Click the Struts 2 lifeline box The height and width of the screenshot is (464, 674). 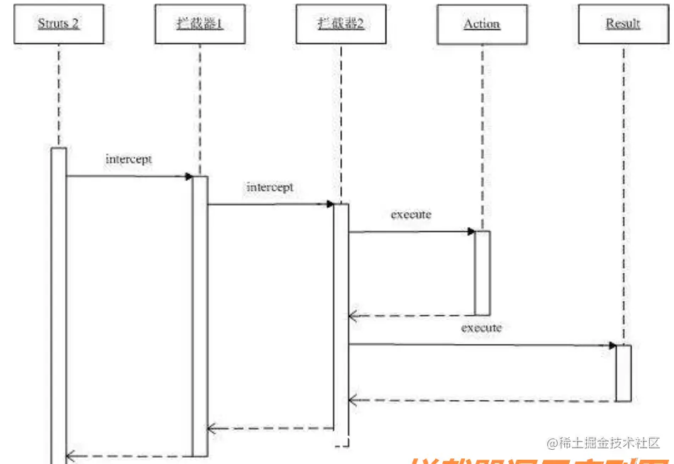tap(58, 24)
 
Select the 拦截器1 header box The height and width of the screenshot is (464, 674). tap(200, 24)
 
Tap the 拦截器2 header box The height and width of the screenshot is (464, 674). tap(341, 24)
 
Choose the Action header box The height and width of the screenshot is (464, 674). tap(482, 24)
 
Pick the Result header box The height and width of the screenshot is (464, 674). tap(623, 24)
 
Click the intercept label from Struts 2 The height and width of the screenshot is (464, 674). tap(128, 159)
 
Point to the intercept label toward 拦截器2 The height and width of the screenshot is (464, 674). tap(269, 188)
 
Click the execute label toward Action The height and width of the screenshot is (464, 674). tap(411, 214)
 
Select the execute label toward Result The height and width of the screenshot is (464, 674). tap(481, 328)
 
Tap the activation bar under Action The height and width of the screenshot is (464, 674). tap(482, 272)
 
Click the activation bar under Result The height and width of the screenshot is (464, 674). tap(623, 373)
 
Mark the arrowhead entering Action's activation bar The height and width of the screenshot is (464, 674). tap(471, 231)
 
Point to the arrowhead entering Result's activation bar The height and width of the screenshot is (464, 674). tap(612, 346)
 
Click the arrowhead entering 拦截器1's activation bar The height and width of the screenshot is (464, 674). tap(189, 176)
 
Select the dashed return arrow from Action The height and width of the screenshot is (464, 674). tap(411, 315)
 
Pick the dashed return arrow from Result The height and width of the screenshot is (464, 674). tap(482, 401)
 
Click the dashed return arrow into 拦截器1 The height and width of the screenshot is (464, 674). tap(270, 429)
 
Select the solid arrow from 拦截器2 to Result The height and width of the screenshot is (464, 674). tap(482, 346)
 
